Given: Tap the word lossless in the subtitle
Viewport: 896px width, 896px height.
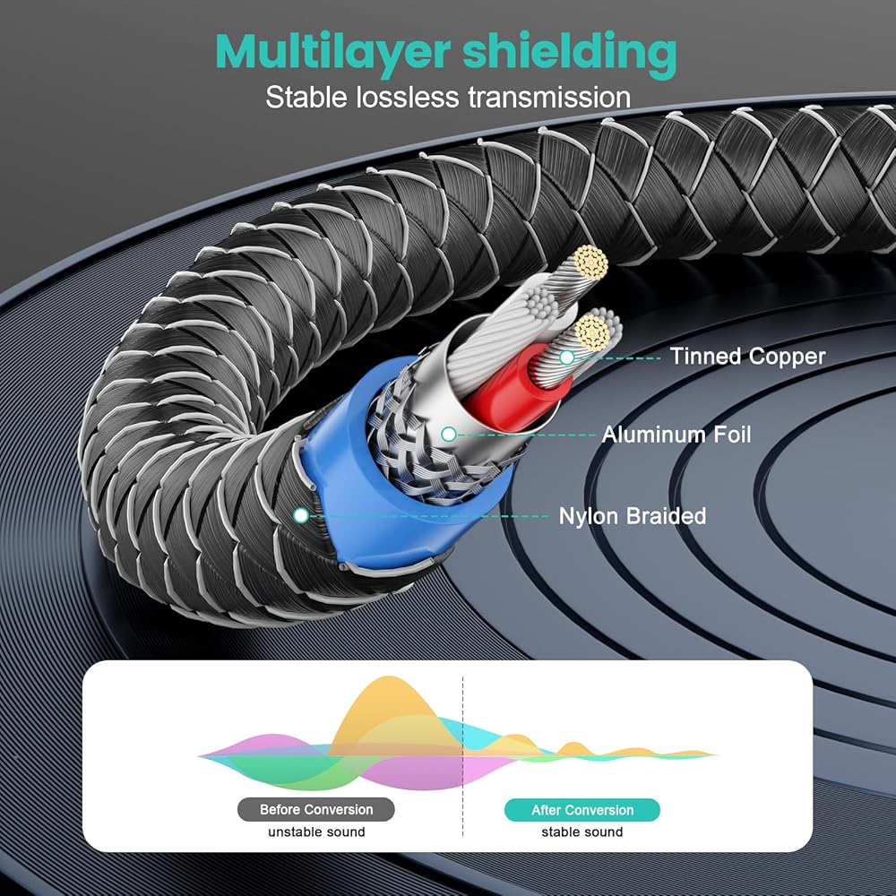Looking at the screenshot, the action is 408,97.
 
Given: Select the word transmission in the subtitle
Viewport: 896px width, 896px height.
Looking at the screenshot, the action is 549,97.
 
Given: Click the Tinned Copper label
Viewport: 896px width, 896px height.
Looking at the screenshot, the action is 748,357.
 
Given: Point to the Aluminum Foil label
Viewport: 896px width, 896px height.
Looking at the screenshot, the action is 676,435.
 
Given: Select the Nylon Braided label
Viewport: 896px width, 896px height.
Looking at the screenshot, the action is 632,516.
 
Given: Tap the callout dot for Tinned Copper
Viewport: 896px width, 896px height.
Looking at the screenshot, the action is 567,358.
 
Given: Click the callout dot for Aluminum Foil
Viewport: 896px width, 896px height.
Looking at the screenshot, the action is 449,435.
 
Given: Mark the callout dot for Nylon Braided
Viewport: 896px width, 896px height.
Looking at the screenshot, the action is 300,515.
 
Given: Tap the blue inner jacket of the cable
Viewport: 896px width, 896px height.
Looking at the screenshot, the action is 343,474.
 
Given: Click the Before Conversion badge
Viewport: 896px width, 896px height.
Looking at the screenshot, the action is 316,810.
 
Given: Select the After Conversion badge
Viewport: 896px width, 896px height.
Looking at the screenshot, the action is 582,810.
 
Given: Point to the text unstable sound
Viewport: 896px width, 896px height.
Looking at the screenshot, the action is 316,832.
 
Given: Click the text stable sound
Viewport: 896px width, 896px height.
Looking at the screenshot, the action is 582,832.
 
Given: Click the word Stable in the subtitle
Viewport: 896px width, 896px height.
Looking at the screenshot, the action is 306,97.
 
